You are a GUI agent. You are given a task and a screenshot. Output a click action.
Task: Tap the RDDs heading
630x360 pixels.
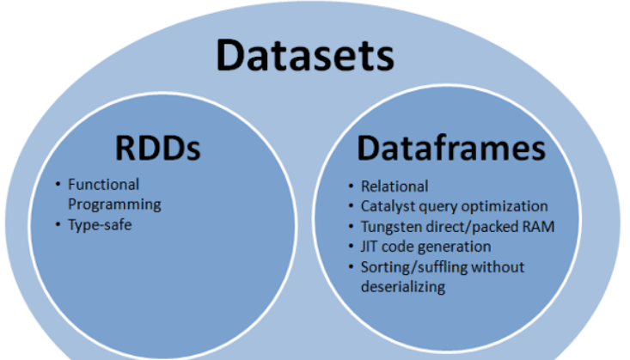[157, 148]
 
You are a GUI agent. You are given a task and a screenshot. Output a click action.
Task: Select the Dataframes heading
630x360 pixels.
[450, 148]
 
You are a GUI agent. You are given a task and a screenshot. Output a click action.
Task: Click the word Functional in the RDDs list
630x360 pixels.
[103, 185]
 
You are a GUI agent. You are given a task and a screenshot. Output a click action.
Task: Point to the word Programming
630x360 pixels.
[114, 204]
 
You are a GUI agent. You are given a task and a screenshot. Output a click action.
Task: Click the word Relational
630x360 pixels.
[395, 186]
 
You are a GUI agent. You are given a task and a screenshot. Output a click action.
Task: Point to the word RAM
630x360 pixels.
[541, 226]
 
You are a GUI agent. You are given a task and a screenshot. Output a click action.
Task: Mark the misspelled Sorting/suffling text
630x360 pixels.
[416, 267]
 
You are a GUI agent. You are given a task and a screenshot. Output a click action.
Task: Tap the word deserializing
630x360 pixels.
[403, 287]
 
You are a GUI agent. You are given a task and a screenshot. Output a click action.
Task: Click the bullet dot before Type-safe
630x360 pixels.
[58, 225]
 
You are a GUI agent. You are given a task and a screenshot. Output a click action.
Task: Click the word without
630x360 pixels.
[499, 266]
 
